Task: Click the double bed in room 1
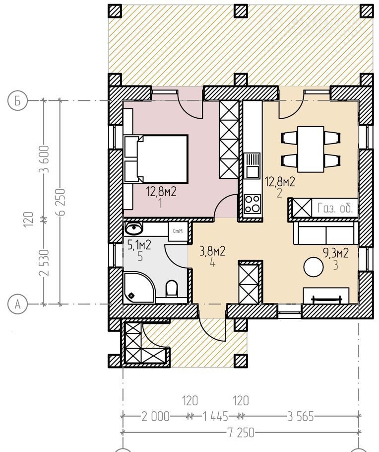[x=156, y=159]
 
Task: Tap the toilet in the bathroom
[x=172, y=289]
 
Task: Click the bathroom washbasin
[x=133, y=228]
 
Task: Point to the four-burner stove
[x=253, y=204]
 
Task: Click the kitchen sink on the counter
[x=253, y=166]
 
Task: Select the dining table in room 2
[x=311, y=149]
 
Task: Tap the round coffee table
[x=314, y=267]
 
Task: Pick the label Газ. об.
[x=335, y=208]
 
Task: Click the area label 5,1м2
[x=139, y=245]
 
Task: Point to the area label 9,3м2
[x=336, y=253]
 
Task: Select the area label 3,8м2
[x=212, y=251]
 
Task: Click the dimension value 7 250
[x=241, y=433]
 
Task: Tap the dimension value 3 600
[x=46, y=159]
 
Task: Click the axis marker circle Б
[x=17, y=101]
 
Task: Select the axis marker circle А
[x=17, y=304]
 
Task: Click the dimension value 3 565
[x=301, y=417]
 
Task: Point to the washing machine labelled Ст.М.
[x=178, y=231]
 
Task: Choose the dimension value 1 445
[x=216, y=417]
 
